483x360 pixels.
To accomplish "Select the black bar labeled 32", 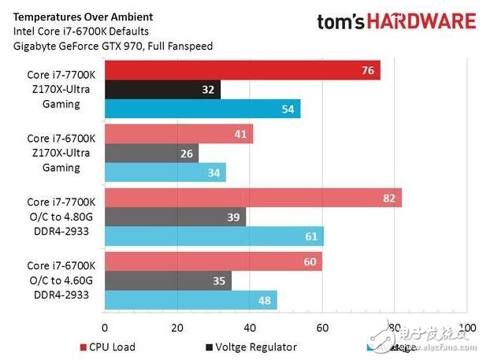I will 162,90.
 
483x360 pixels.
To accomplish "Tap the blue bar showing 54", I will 202,109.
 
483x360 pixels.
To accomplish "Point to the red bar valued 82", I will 253,198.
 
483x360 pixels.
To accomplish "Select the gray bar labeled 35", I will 168,280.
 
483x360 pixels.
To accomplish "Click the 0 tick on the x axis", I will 104,326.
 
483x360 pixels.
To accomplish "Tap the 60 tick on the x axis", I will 321,326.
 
